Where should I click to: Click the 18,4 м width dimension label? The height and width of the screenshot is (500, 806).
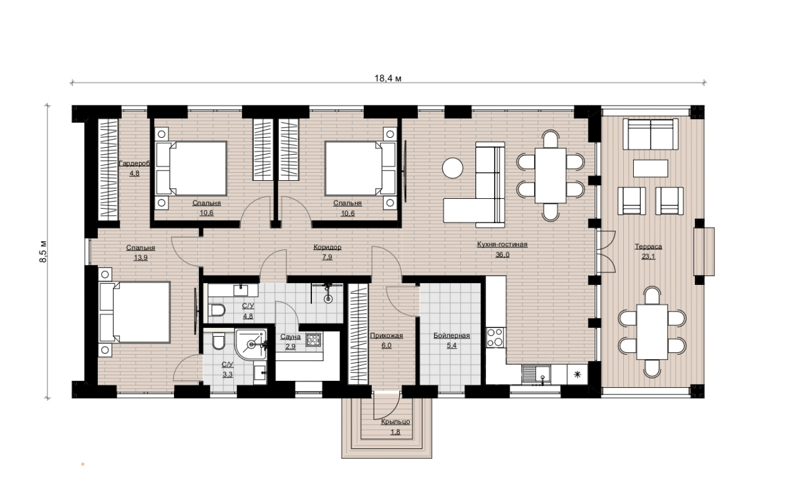point(388,78)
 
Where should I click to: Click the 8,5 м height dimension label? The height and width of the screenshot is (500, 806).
point(43,251)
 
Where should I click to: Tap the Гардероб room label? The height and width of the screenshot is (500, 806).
point(134,163)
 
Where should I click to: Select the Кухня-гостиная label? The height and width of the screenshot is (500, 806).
point(502,244)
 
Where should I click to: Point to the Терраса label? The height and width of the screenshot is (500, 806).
point(648,246)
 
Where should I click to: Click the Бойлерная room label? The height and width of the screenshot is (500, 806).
point(452,335)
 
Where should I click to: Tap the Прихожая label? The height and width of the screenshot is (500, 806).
point(386,335)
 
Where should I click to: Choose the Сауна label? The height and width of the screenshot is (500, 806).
point(290,337)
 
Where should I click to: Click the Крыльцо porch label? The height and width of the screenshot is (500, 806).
point(396,421)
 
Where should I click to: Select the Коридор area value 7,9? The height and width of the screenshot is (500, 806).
point(327,257)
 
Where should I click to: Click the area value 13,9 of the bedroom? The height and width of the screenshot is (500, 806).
point(141,257)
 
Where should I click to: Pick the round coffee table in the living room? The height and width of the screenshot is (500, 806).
point(453,168)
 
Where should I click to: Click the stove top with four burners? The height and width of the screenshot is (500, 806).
point(495,337)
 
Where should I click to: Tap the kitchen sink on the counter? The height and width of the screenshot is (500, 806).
point(536,373)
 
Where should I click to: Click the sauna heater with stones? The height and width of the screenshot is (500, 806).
point(313,339)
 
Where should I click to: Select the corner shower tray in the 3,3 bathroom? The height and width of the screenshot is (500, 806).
point(251,344)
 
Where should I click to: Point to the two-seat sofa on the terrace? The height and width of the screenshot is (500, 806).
point(651,134)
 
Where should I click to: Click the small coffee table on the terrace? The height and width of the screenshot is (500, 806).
point(651,168)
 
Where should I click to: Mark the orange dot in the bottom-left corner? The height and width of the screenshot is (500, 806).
point(83,464)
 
